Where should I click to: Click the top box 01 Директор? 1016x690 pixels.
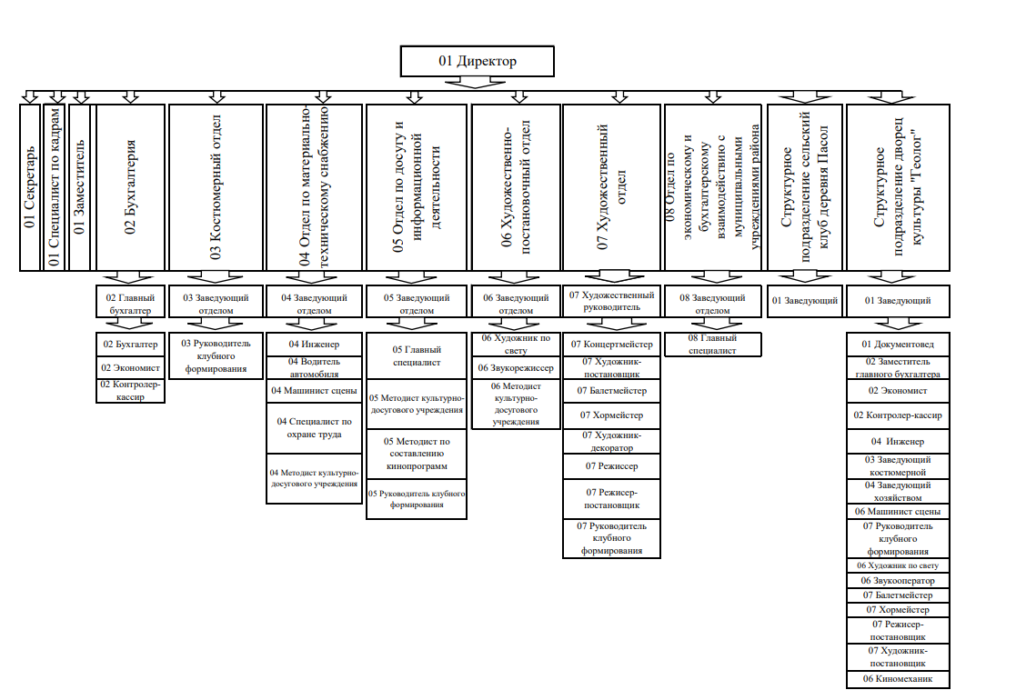[477, 62]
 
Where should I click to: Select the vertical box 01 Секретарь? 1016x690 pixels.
[31, 187]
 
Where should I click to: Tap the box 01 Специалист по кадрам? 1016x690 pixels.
[54, 187]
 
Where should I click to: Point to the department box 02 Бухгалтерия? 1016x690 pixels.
[130, 187]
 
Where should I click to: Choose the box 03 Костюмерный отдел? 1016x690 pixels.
[216, 187]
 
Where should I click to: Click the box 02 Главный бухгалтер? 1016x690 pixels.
[130, 303]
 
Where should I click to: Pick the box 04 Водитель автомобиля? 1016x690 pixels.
[313, 367]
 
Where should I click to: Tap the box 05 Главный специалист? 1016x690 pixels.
[416, 355]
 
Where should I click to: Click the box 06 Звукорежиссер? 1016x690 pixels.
[516, 368]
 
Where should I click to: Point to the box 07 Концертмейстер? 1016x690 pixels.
[611, 345]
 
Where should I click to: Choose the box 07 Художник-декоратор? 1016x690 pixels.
[611, 441]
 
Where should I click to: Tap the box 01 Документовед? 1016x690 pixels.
[898, 345]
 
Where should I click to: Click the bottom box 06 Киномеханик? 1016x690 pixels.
[898, 679]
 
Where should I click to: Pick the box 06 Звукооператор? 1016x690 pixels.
[898, 580]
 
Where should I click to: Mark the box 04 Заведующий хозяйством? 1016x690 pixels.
[898, 491]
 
